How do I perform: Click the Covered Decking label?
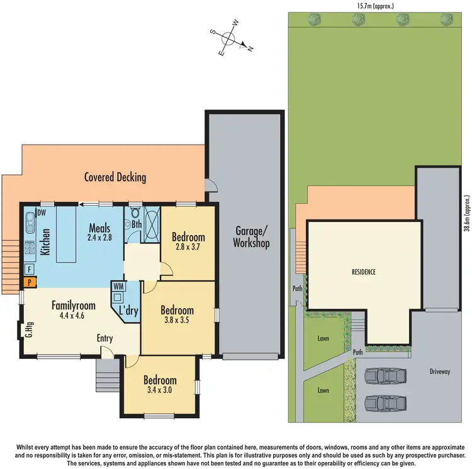pos(115,177)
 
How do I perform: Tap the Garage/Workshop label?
pos(251,236)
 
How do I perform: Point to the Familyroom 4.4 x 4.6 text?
pos(74,311)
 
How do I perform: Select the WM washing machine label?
pos(118,287)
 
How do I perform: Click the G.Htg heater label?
pos(29,329)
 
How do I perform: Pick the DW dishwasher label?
pos(42,213)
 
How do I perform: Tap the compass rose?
pos(229,43)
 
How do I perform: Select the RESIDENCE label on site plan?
pos(364,272)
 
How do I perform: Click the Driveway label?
pos(440,372)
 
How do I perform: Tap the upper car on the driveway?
pos(385,376)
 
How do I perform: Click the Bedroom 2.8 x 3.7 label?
pos(188,242)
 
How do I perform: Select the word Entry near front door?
pos(104,339)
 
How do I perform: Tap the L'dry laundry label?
pos(129,310)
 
